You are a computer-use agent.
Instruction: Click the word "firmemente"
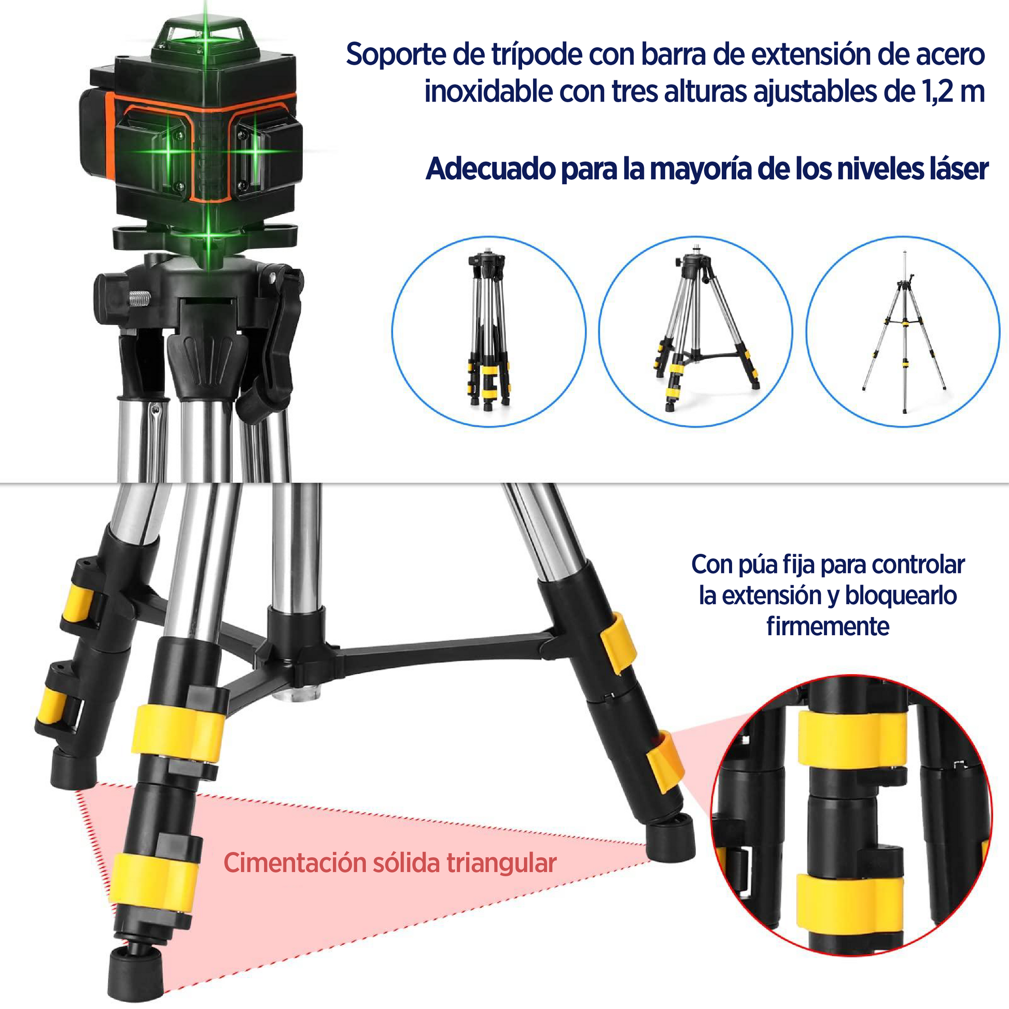(828, 626)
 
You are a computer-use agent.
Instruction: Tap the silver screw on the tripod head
(139, 299)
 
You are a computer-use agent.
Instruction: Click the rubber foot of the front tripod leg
(137, 972)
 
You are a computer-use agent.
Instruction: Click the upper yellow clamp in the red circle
(853, 737)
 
